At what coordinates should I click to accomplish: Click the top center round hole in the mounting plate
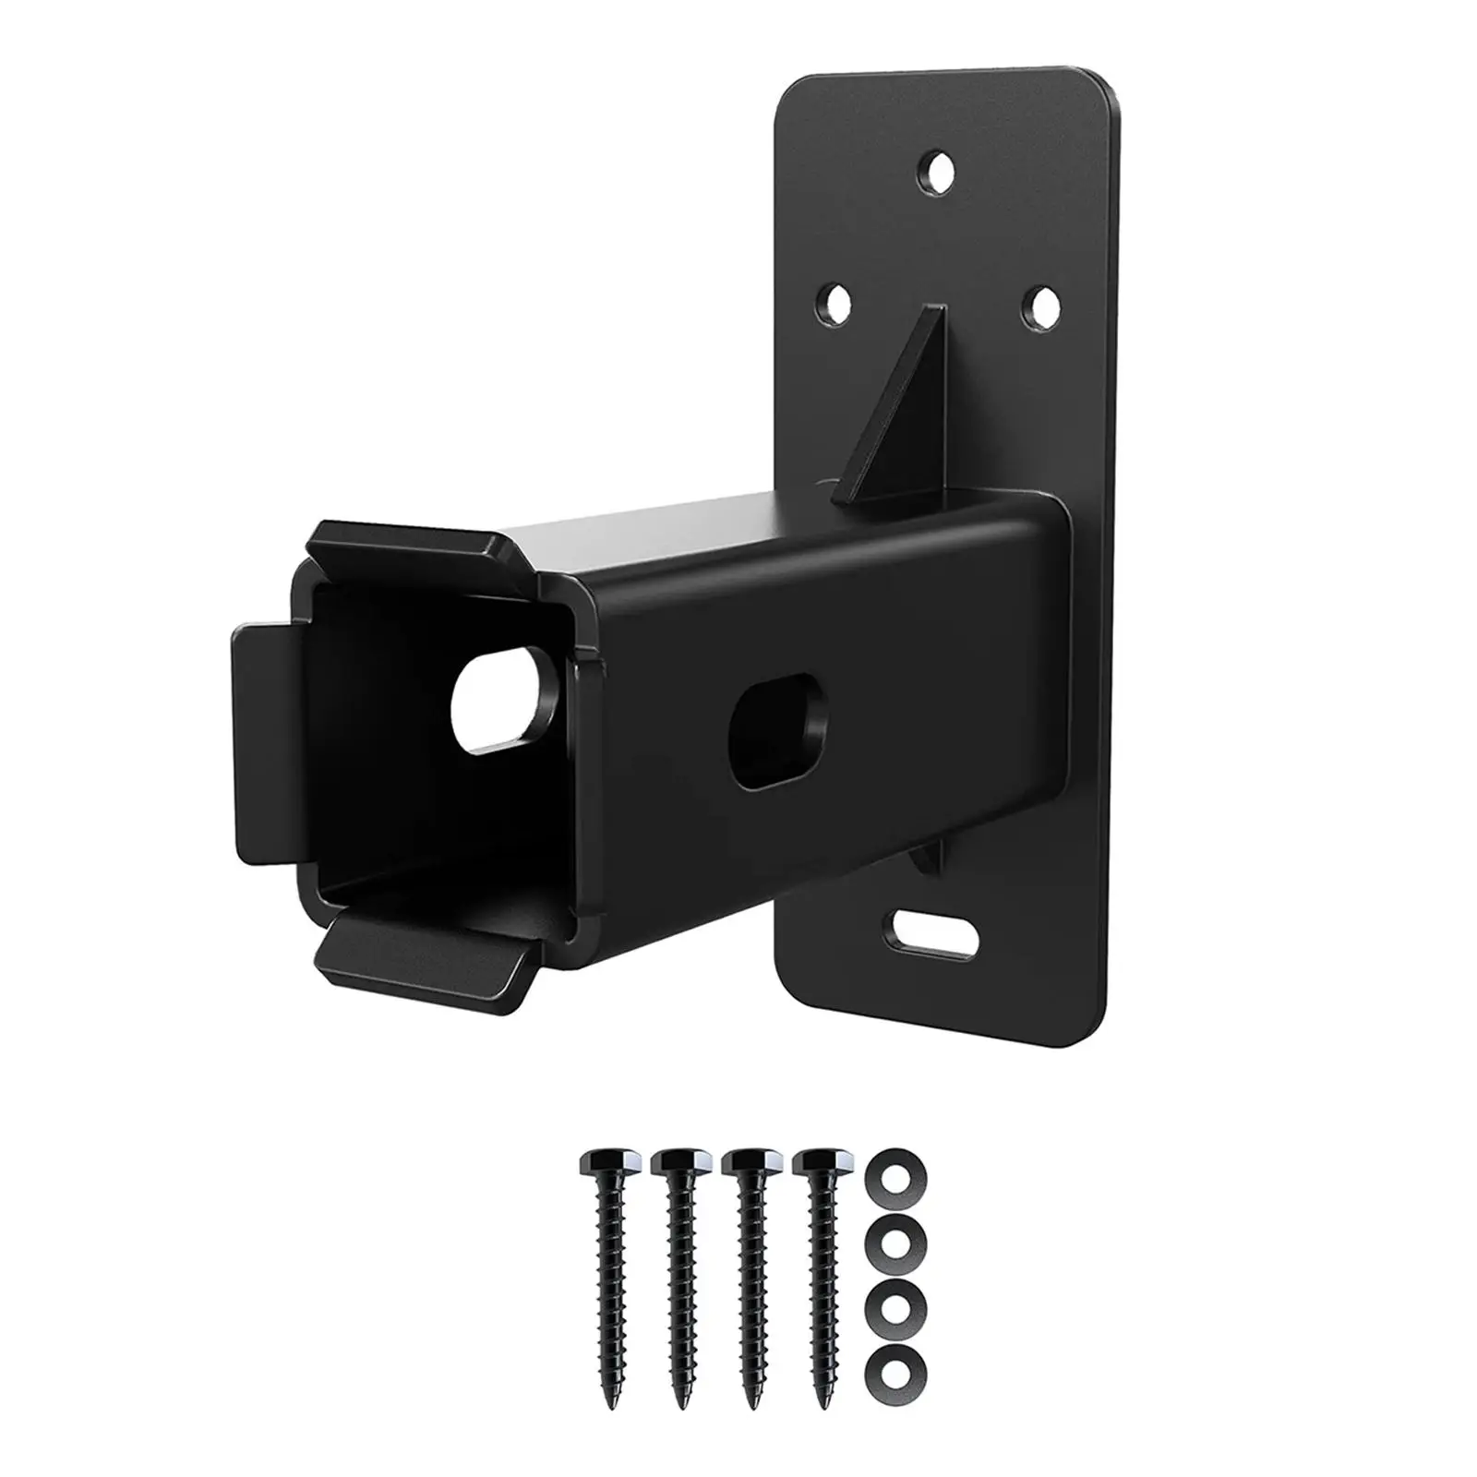939,172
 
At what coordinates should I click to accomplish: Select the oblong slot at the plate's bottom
934,935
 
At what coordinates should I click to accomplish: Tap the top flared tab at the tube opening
414,555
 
